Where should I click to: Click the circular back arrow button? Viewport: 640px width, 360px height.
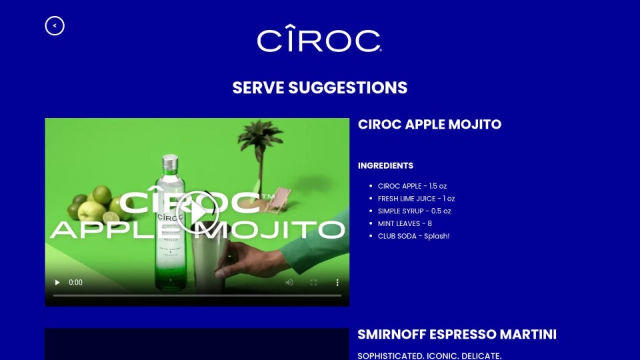click(55, 26)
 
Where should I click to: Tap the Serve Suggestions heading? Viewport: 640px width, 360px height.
click(320, 88)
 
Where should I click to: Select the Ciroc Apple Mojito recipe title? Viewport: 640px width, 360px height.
click(429, 125)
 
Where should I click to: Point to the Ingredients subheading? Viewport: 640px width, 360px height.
click(386, 166)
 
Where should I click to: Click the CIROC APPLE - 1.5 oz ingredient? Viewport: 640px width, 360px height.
click(412, 186)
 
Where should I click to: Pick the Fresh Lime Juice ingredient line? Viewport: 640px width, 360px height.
click(416, 199)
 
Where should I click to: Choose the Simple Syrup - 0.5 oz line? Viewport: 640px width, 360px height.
click(414, 211)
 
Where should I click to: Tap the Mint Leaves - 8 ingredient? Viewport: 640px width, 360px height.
click(405, 224)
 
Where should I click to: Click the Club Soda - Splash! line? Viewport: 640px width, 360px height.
click(413, 236)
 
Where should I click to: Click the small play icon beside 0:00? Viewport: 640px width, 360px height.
click(57, 283)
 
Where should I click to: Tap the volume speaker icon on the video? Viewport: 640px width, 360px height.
click(289, 283)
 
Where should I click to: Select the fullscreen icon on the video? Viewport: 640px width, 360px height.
click(313, 283)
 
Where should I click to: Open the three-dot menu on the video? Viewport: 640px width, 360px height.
click(337, 283)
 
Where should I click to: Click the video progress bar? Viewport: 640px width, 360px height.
click(197, 295)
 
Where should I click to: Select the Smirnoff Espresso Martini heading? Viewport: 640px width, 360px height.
click(457, 335)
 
